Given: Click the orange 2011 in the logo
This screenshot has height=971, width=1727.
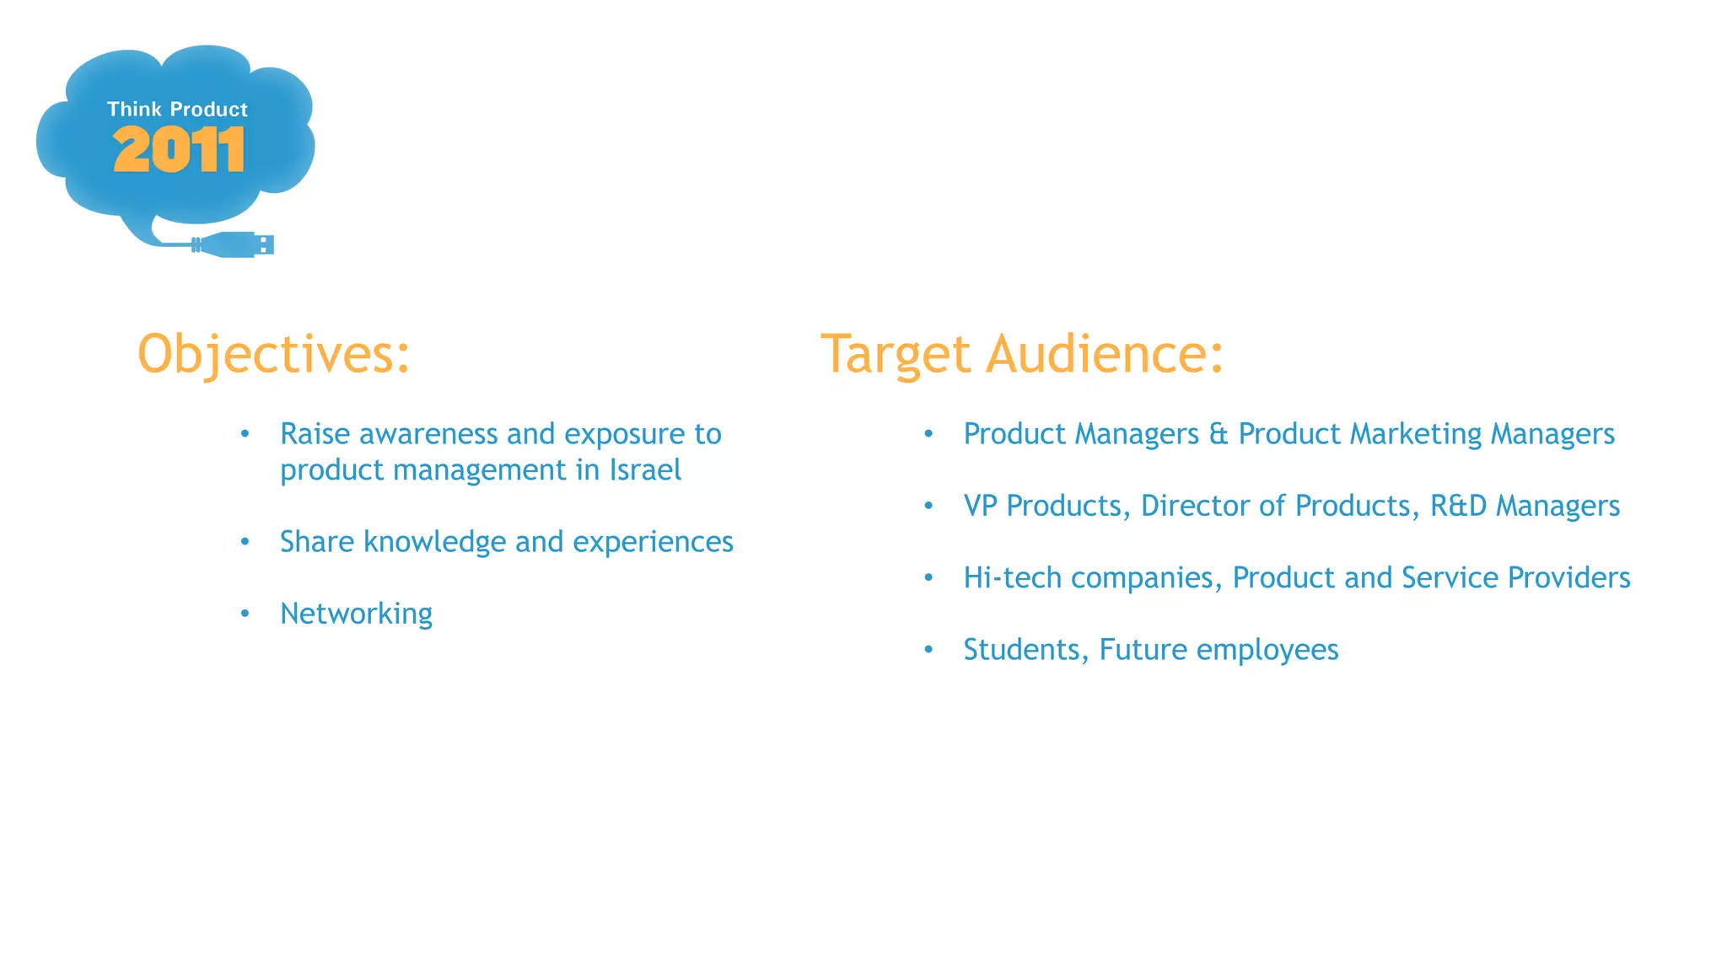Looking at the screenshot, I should [179, 150].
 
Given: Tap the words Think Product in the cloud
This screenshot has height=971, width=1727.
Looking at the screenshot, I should [177, 109].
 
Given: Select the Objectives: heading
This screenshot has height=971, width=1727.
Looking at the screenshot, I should [273, 354].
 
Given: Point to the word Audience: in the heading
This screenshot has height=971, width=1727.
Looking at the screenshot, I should [1104, 354].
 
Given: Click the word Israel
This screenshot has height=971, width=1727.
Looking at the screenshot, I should [645, 470].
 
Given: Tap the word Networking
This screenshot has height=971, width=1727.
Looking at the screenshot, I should [356, 614].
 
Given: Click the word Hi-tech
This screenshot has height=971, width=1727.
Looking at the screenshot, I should [1012, 578].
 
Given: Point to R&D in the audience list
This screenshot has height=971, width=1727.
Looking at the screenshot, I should [1458, 506].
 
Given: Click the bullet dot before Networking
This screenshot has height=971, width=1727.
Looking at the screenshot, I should [245, 614].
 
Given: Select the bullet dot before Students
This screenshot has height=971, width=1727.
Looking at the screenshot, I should [928, 650].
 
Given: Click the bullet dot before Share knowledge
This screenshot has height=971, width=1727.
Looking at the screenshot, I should [245, 542].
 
